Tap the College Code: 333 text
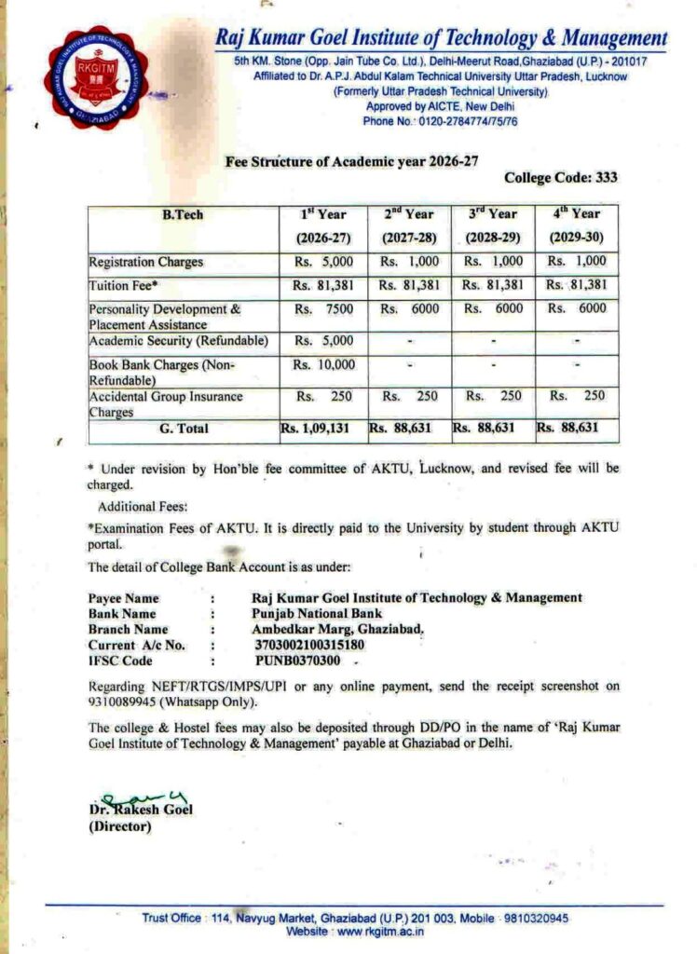[x=560, y=177]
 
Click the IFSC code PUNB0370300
[x=297, y=661]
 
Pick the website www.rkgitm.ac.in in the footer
[x=370, y=931]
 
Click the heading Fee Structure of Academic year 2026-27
[x=352, y=160]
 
